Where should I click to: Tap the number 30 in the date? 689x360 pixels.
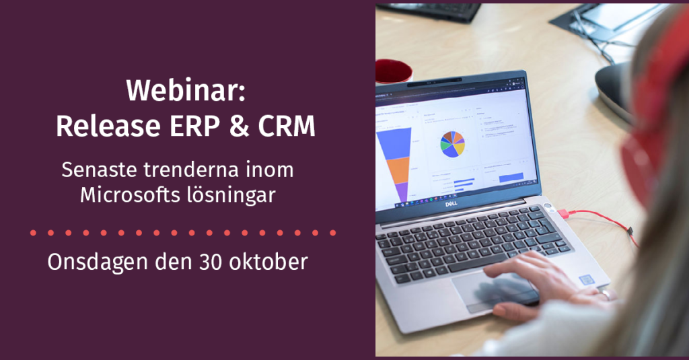[213, 262]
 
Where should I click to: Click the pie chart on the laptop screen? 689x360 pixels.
[452, 143]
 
